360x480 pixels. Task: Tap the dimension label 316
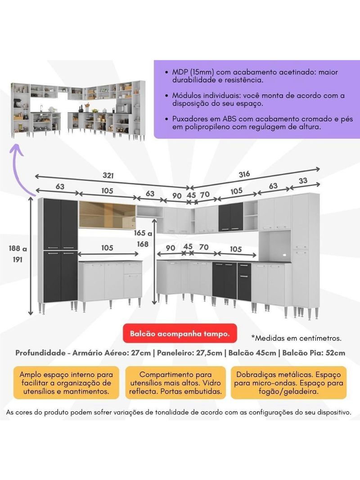coord(244,174)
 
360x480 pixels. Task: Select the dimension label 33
coord(303,181)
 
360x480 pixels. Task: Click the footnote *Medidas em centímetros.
coord(296,337)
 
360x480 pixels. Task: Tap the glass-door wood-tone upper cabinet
coord(107,215)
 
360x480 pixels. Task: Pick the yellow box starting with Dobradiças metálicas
coord(289,383)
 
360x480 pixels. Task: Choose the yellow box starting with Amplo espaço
coord(65,383)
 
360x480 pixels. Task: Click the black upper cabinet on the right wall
coord(230,217)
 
